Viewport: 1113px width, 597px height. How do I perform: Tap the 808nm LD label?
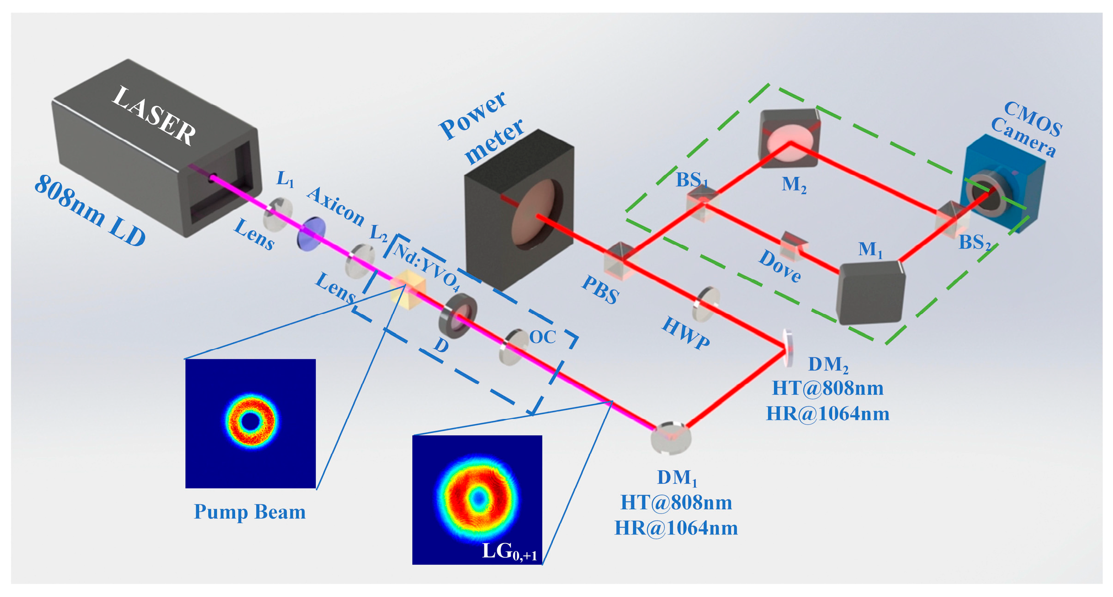[90, 211]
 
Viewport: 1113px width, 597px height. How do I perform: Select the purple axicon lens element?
[311, 234]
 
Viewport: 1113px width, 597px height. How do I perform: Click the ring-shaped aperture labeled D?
[458, 316]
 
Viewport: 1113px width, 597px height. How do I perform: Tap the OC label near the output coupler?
[543, 337]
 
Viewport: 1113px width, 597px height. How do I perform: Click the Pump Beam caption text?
[250, 512]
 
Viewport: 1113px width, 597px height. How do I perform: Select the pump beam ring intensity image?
[251, 423]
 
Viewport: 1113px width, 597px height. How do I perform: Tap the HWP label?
[685, 332]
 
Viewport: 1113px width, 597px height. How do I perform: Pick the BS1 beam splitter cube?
[702, 203]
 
